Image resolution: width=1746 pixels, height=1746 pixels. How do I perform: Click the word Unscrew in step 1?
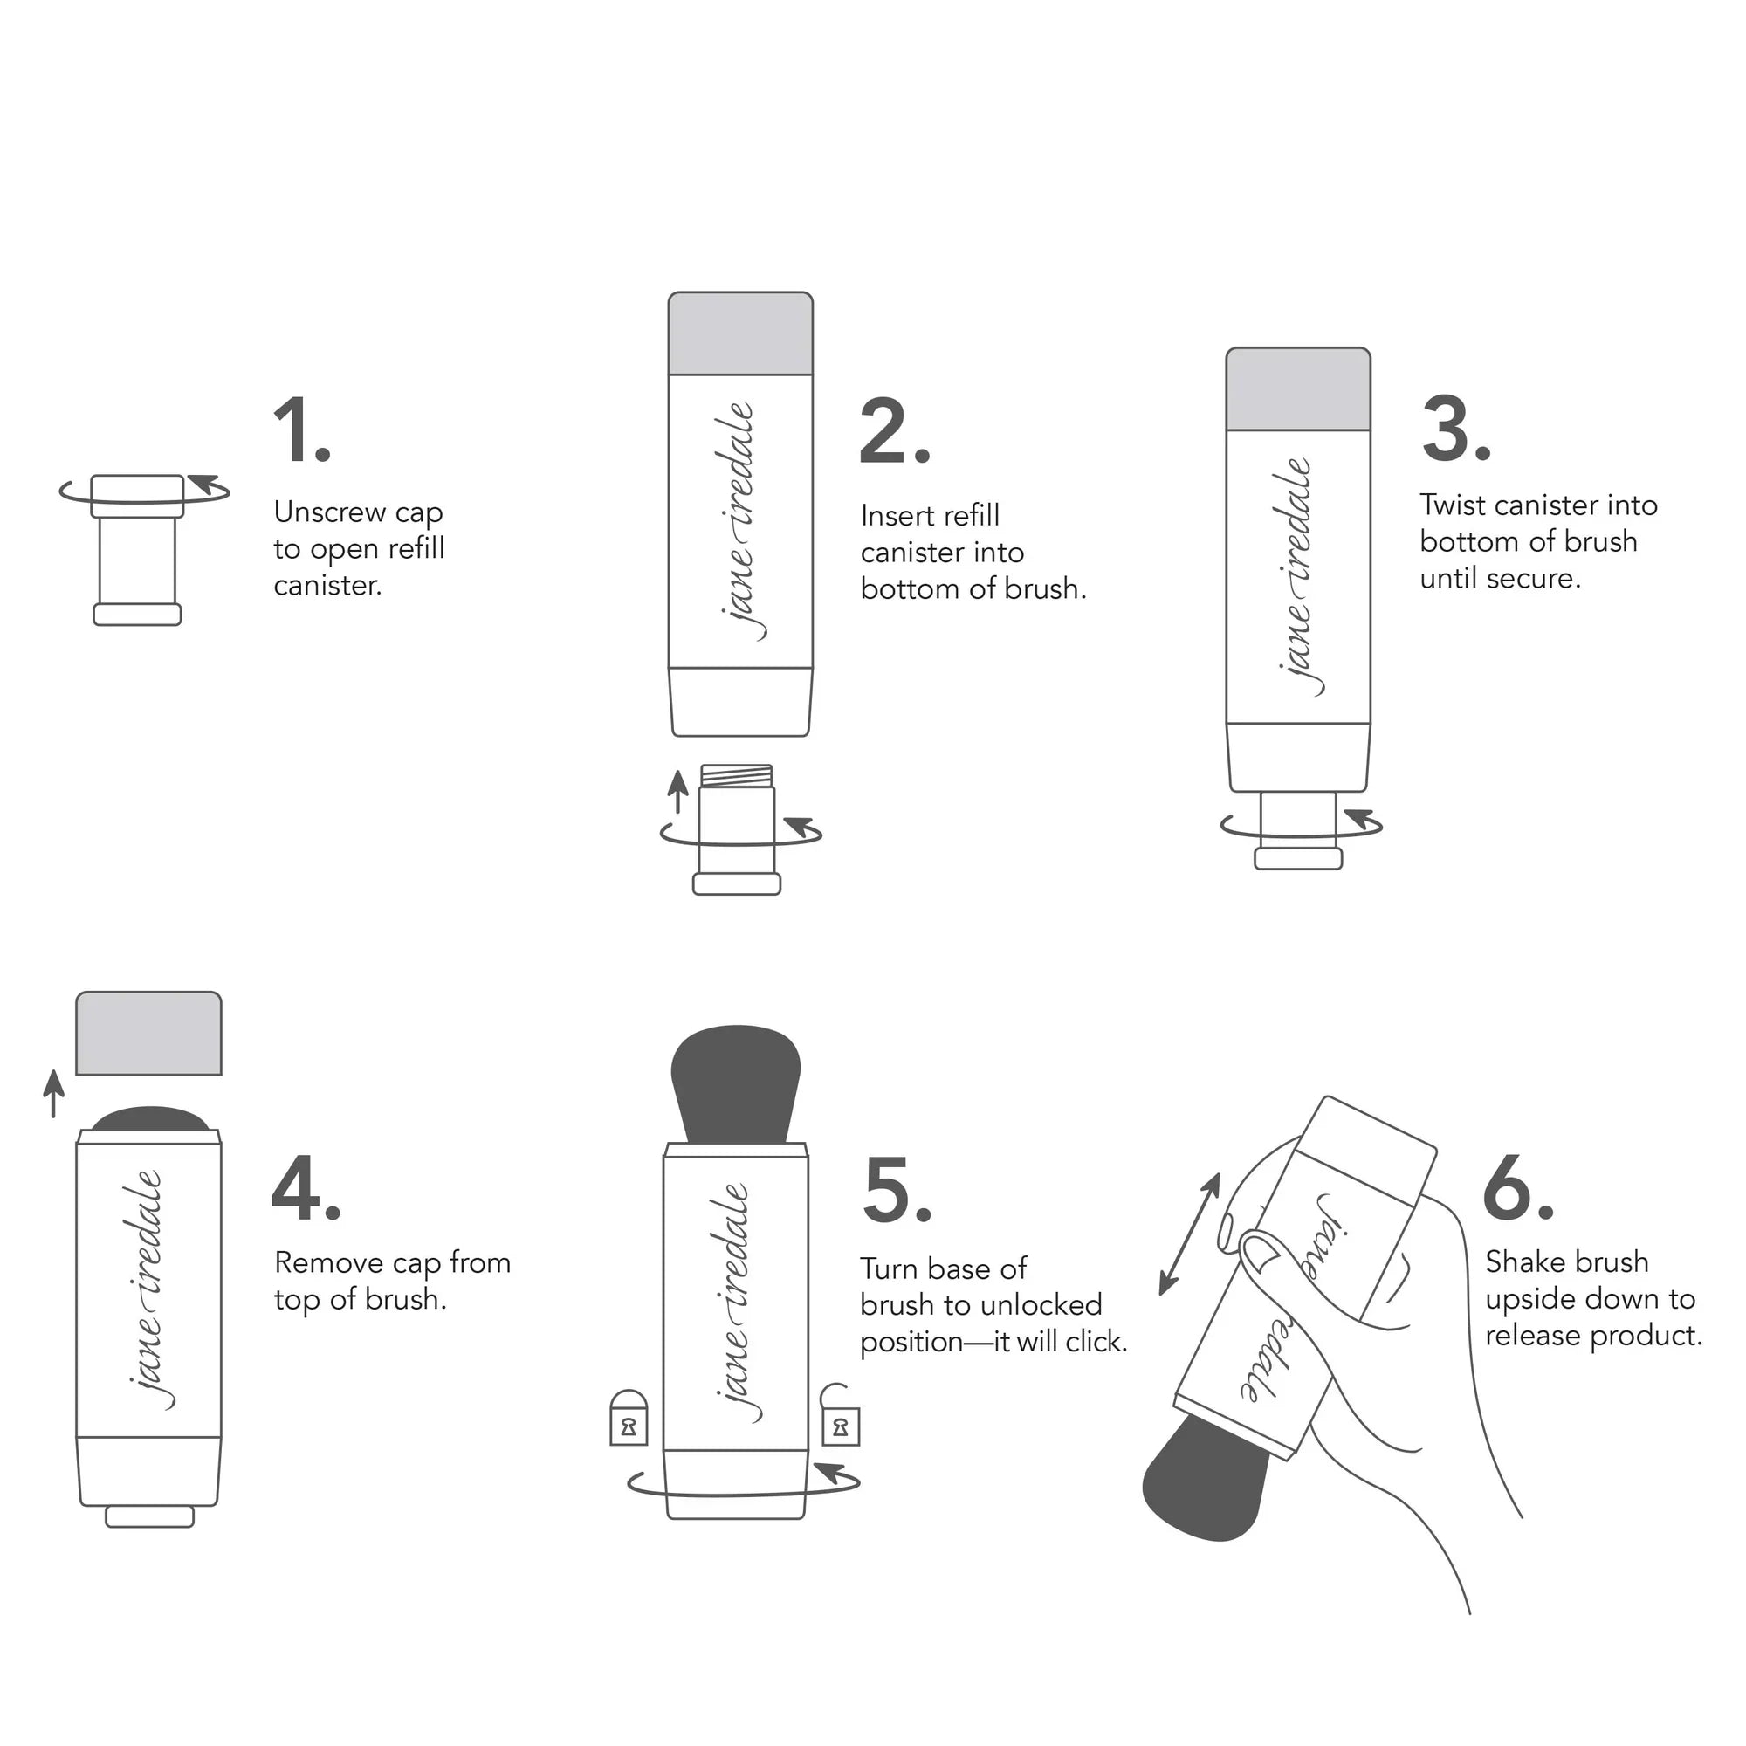pos(330,512)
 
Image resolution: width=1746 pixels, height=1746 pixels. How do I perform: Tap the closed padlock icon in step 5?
pos(628,1418)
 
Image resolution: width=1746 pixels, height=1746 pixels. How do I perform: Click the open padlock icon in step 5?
pos(840,1416)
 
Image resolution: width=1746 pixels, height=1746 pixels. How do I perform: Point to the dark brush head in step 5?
pos(736,1080)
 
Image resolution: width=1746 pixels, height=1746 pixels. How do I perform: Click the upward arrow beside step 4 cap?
pos(54,1094)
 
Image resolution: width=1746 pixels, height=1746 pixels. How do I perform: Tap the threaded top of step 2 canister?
pos(737,774)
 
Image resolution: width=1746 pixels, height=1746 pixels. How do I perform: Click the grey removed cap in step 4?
pos(149,1034)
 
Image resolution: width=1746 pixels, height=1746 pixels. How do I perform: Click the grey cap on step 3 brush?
pos(1298,388)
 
